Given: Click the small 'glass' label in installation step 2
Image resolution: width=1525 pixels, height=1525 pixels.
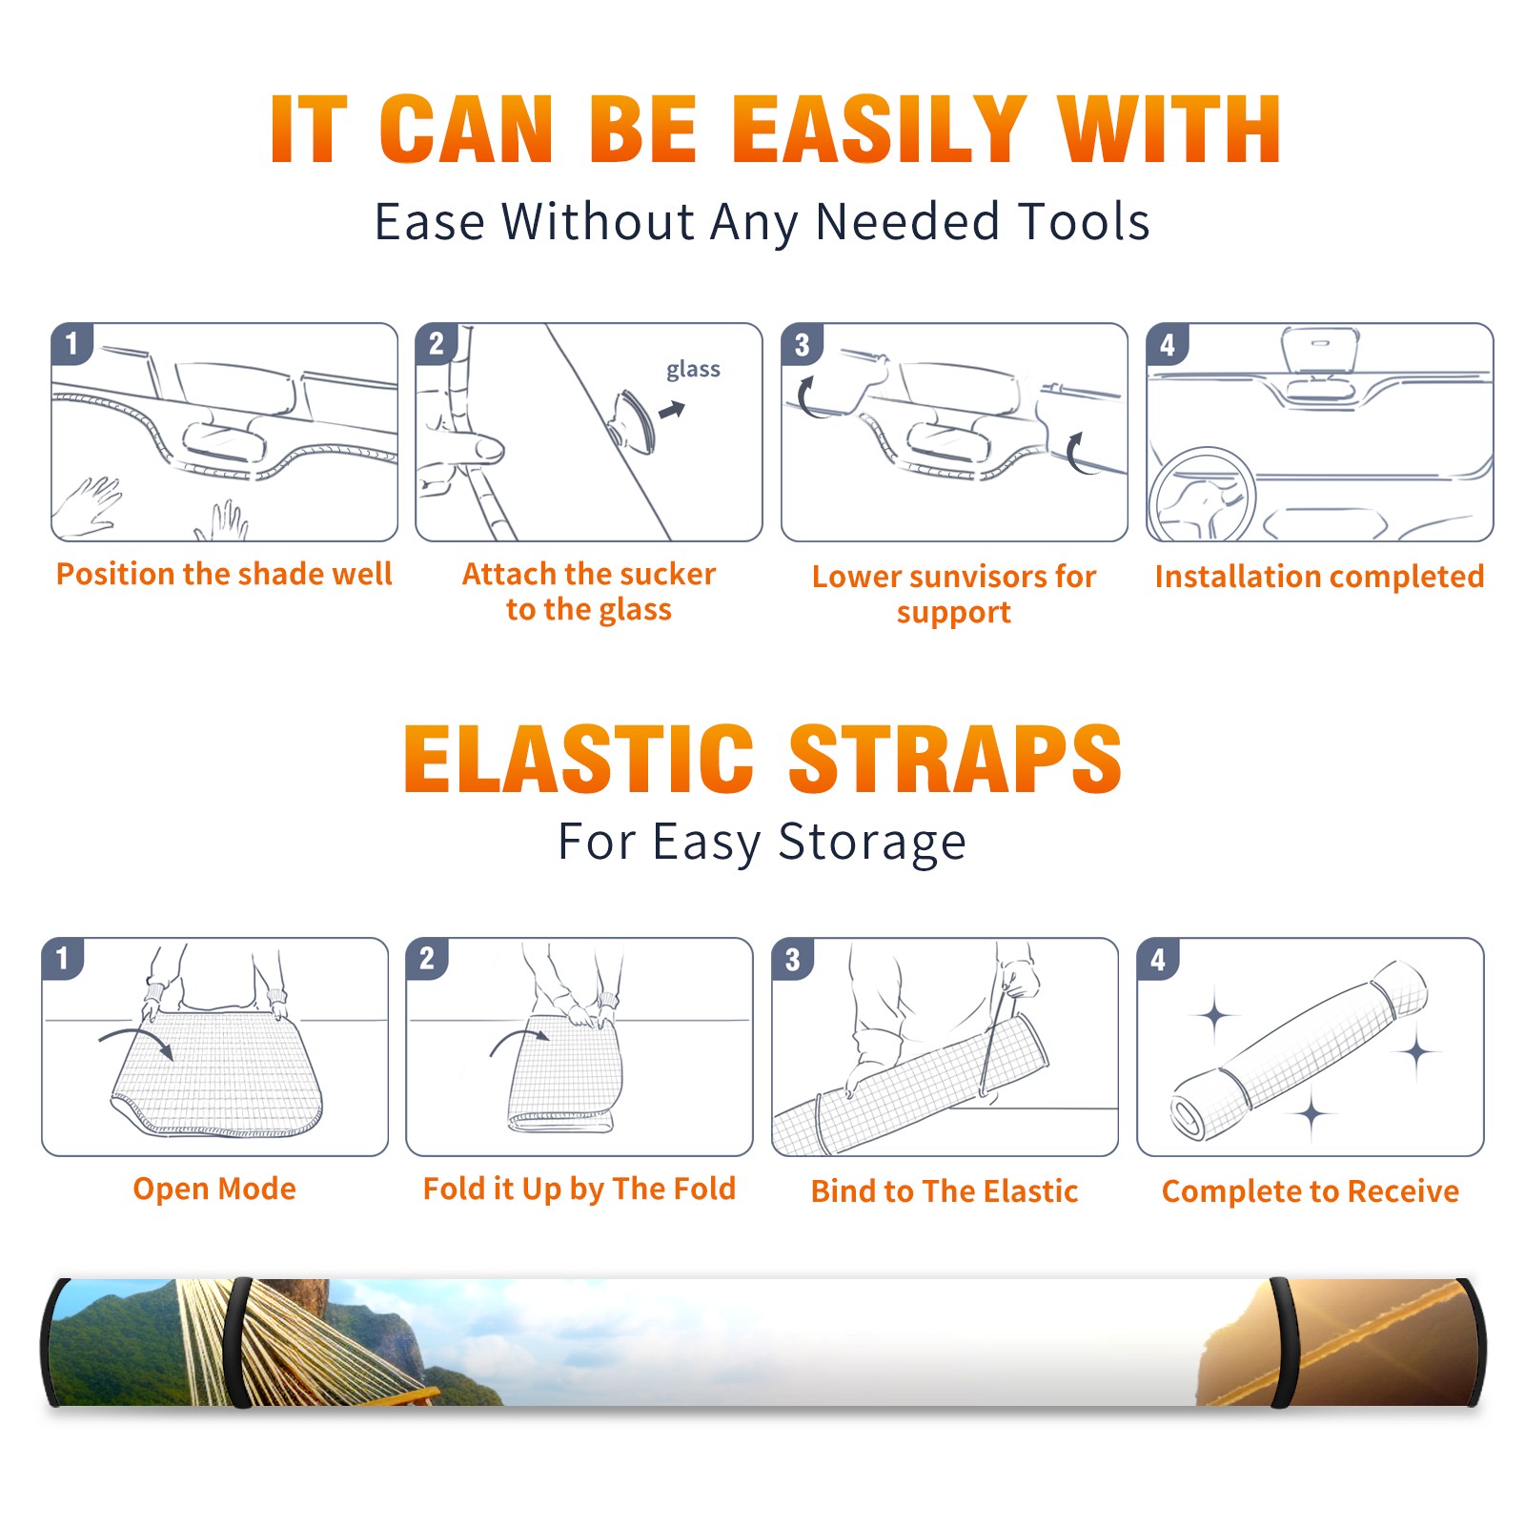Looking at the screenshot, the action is [693, 370].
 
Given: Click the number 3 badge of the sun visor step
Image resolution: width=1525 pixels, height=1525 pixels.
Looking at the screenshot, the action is [803, 344].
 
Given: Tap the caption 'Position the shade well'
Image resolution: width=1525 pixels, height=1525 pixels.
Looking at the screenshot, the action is [224, 574].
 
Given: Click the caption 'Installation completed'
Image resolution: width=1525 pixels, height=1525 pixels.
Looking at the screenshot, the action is [1319, 576].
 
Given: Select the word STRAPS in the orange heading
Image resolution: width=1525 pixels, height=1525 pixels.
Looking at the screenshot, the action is [955, 759].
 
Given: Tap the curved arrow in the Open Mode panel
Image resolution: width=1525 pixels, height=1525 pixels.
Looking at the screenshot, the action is [137, 1041].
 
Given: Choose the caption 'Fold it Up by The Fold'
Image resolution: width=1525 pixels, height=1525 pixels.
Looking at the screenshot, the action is [579, 1189].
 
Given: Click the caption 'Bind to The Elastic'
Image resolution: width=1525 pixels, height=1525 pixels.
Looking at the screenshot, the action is [945, 1191].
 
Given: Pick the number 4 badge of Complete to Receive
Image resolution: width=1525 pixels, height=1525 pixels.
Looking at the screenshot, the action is [1158, 959].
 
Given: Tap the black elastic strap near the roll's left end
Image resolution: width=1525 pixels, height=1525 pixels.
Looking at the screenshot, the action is [240, 1342].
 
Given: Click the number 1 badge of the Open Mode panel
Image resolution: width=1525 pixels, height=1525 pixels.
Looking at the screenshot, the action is [63, 958].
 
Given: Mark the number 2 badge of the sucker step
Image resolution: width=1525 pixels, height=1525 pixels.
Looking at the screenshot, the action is [437, 343].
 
